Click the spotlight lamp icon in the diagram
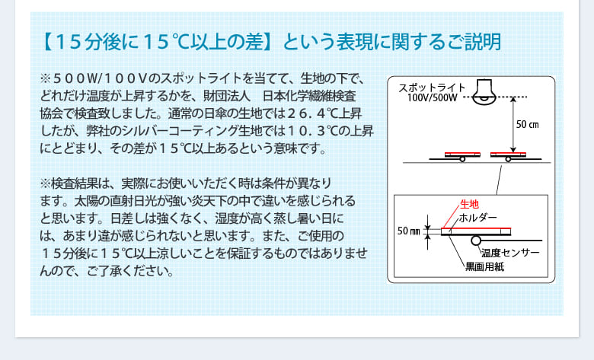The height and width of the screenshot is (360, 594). coord(484,91)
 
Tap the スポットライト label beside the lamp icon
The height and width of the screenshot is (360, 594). coord(432,88)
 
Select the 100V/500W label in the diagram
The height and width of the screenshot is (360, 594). coord(433,97)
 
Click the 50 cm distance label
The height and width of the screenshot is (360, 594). coord(527,124)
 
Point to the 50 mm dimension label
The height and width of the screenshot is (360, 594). coord(408,231)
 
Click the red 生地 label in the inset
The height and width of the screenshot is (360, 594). coord(469,204)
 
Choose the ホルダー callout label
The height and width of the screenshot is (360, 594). coord(477,218)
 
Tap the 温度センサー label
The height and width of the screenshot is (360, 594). coord(510,253)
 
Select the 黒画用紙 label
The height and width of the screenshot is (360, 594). coord(484,266)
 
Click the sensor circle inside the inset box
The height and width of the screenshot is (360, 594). coord(476,240)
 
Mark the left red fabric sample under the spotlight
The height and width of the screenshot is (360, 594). coord(462,153)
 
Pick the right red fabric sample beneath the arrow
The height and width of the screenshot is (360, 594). coord(509,153)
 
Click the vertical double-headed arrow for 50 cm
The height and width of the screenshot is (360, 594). coord(513,125)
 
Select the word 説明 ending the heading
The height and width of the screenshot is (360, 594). coord(488,42)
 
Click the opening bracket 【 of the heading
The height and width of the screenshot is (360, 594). coord(47,42)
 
